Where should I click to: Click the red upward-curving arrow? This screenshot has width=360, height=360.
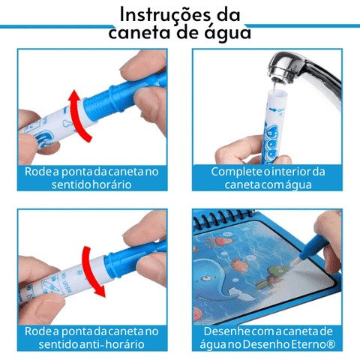[78, 115]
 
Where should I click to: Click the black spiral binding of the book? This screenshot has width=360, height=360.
[223, 217]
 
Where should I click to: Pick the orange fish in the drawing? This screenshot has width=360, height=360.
[239, 265]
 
